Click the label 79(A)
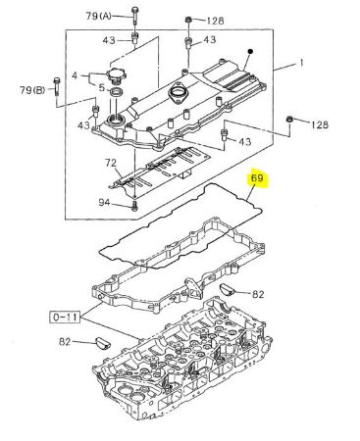click(x=98, y=16)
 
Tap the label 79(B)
click(x=32, y=90)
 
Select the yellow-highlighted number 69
click(x=257, y=178)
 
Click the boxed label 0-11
click(x=65, y=317)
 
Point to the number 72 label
click(x=111, y=163)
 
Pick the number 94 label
click(x=104, y=203)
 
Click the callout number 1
click(x=301, y=63)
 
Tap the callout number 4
click(x=75, y=75)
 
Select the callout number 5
click(x=102, y=87)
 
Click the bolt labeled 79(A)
click(x=134, y=16)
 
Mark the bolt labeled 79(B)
click(x=56, y=86)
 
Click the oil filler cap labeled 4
click(x=118, y=76)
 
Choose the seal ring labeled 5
click(x=116, y=92)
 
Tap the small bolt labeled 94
click(x=135, y=206)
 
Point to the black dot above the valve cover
click(x=250, y=51)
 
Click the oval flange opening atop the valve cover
click(x=178, y=93)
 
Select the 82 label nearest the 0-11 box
click(x=65, y=342)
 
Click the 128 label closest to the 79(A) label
click(x=215, y=21)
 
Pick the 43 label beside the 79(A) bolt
click(x=109, y=40)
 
